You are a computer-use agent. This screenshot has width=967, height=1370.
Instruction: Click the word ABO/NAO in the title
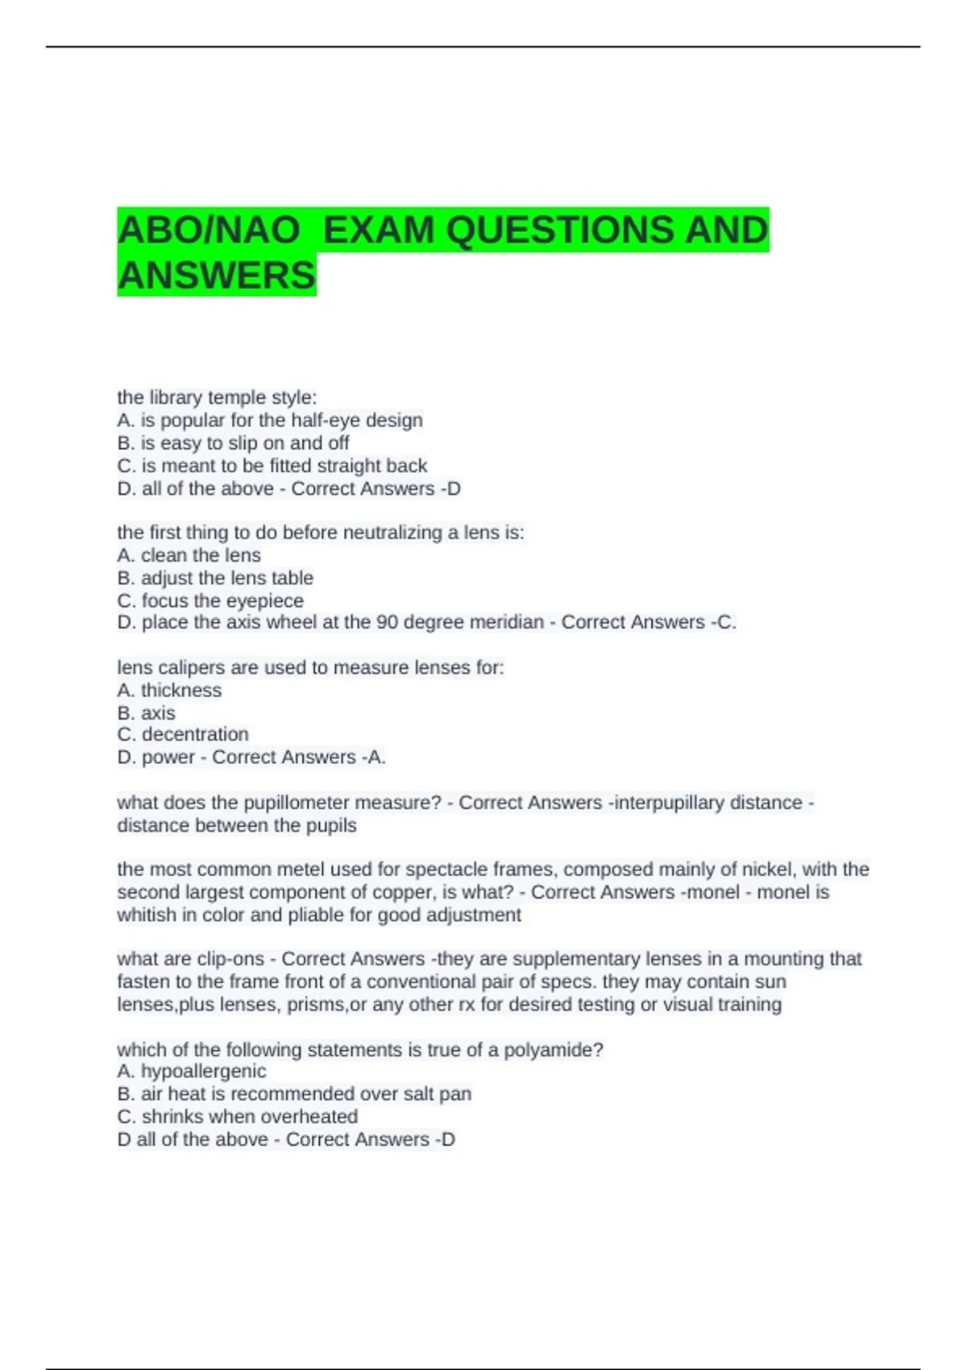(209, 230)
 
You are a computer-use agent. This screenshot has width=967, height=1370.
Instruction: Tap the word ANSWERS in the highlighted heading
(217, 276)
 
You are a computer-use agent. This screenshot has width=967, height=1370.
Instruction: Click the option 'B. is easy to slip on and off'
(233, 442)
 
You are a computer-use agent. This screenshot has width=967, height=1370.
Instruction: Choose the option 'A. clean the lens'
(189, 555)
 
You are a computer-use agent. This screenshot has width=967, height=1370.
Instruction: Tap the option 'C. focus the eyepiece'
(210, 600)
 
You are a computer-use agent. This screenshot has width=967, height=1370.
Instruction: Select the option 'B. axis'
(146, 712)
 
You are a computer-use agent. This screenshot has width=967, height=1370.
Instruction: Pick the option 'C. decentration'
(183, 734)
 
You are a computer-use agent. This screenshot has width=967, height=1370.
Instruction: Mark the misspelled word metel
(295, 870)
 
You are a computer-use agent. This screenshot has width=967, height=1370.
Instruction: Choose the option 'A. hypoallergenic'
(191, 1071)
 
